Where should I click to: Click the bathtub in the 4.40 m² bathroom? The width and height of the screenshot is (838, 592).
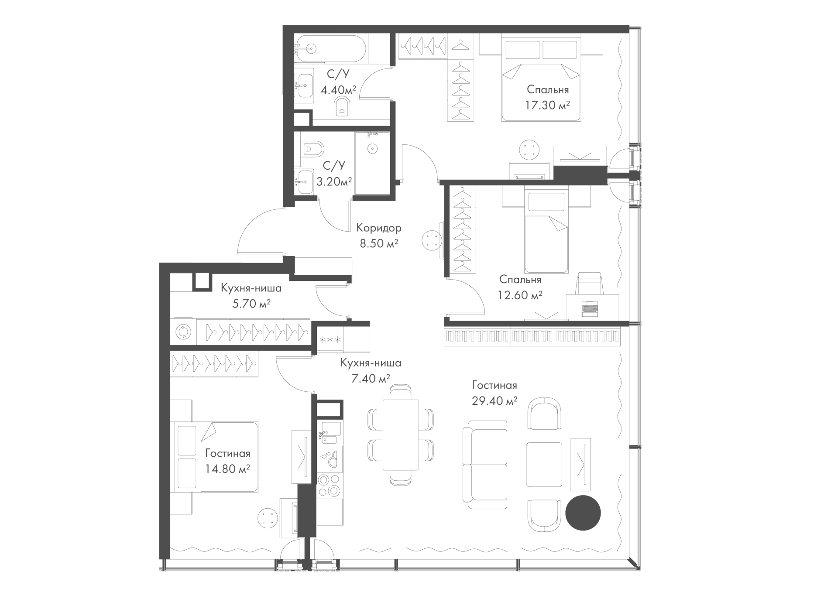pos(331,48)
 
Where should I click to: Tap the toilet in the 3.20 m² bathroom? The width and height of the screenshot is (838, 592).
pos(312,149)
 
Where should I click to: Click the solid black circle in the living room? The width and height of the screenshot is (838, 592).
pos(583,513)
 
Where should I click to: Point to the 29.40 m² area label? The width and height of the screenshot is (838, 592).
pos(495,400)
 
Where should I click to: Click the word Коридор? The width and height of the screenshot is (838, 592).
pos(379,228)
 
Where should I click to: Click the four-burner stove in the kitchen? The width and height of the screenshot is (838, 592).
pos(330,484)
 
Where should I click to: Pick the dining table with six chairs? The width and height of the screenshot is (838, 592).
pos(401,435)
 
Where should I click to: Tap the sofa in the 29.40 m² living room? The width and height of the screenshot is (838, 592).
pos(485,465)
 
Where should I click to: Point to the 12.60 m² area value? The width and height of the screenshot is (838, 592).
pos(520,295)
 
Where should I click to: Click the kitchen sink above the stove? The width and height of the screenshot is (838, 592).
pos(330,433)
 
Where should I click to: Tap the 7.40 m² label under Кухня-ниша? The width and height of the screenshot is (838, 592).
pos(371,378)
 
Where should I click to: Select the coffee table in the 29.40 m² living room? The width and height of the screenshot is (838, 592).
pos(544,464)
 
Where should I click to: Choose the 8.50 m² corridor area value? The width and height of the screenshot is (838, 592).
pos(379,243)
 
